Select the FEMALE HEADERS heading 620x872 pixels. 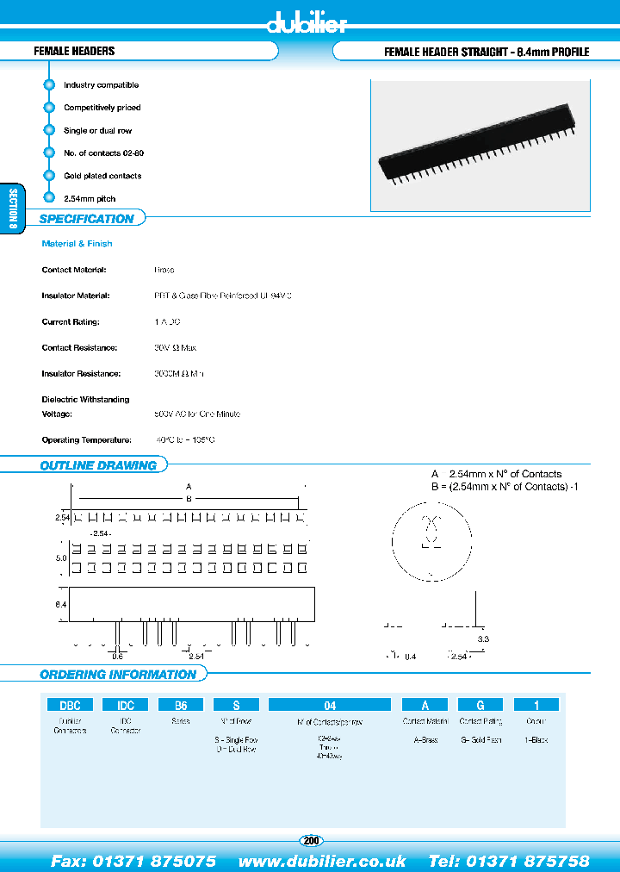74,52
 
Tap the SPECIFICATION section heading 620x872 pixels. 86,219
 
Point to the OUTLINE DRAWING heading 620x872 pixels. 98,465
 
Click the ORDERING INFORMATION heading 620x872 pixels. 118,675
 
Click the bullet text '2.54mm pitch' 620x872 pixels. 90,198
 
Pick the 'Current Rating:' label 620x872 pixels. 71,321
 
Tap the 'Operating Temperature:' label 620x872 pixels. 86,439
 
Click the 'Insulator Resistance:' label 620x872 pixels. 82,374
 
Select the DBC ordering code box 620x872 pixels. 70,704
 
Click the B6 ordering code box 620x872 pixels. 181,704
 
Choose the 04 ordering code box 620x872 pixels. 329,704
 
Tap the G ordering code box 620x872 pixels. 480,704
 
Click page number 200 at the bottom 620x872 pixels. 311,840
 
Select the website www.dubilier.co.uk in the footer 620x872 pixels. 322,861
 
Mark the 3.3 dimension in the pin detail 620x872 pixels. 483,638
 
